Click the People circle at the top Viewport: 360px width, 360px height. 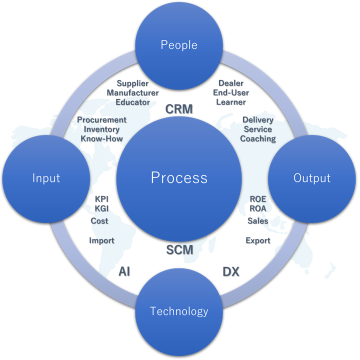[179, 45]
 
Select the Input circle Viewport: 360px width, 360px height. [46, 178]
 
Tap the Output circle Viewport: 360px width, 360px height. [312, 178]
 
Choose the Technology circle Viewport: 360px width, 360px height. [179, 311]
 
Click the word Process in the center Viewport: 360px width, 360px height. [179, 177]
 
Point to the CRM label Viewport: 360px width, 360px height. [179, 108]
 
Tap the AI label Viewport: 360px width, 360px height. [124, 271]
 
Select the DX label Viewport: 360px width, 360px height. [230, 271]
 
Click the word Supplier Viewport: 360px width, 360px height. [132, 83]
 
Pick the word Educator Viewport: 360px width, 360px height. [132, 102]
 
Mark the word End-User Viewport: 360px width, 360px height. [231, 92]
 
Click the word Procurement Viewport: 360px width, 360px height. [101, 120]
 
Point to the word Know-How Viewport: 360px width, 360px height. [101, 138]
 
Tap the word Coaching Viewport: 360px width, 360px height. [258, 138]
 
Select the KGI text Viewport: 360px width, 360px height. [101, 208]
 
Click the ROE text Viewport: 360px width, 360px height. [258, 199]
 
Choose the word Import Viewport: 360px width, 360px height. [101, 240]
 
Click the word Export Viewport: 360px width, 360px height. [258, 240]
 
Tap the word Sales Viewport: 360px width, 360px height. [258, 220]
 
